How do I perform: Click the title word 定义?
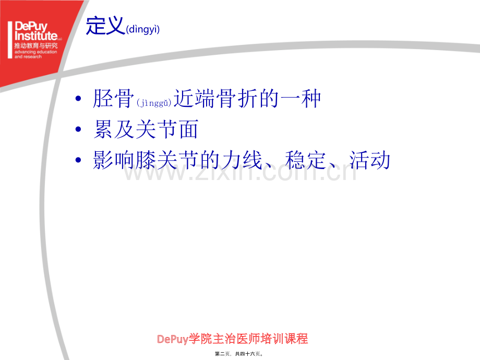tap(105, 26)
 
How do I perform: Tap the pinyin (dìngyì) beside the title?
tap(142, 29)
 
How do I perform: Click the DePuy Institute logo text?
tap(36, 31)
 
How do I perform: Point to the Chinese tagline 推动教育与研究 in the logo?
tap(36, 45)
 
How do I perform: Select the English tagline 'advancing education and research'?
tap(36, 54)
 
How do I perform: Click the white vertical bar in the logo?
tap(10, 40)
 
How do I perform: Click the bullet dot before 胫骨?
tap(78, 98)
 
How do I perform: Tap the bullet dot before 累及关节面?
tap(78, 129)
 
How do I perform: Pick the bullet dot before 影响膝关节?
tap(78, 160)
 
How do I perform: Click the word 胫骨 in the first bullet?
tap(114, 98)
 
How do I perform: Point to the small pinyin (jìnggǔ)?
tap(154, 103)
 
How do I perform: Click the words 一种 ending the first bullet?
tap(300, 98)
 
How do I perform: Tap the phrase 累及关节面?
tap(146, 129)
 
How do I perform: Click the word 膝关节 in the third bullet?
tap(156, 160)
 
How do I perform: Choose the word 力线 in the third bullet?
tap(242, 160)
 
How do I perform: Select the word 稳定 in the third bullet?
tap(305, 160)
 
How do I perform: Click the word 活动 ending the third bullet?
tap(370, 160)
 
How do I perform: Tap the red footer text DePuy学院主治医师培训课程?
tap(232, 339)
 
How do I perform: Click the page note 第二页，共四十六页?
tap(239, 354)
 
